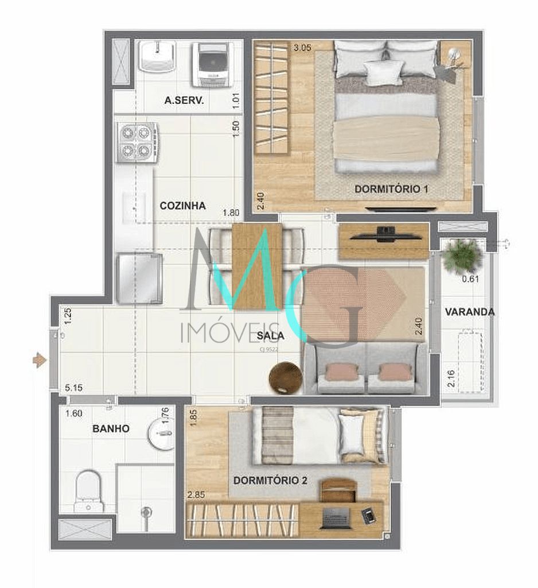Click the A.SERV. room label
pos(184,100)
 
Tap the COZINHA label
pos(182,206)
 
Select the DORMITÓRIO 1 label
pos(392,188)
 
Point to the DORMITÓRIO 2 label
pos(271,480)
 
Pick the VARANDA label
pos(469,312)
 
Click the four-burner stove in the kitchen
pos(138,143)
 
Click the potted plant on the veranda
pos(462,256)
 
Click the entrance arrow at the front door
pos(39,361)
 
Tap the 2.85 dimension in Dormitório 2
pos(196,493)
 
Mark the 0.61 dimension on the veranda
pos(471,280)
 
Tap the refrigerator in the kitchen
pos(139,278)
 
